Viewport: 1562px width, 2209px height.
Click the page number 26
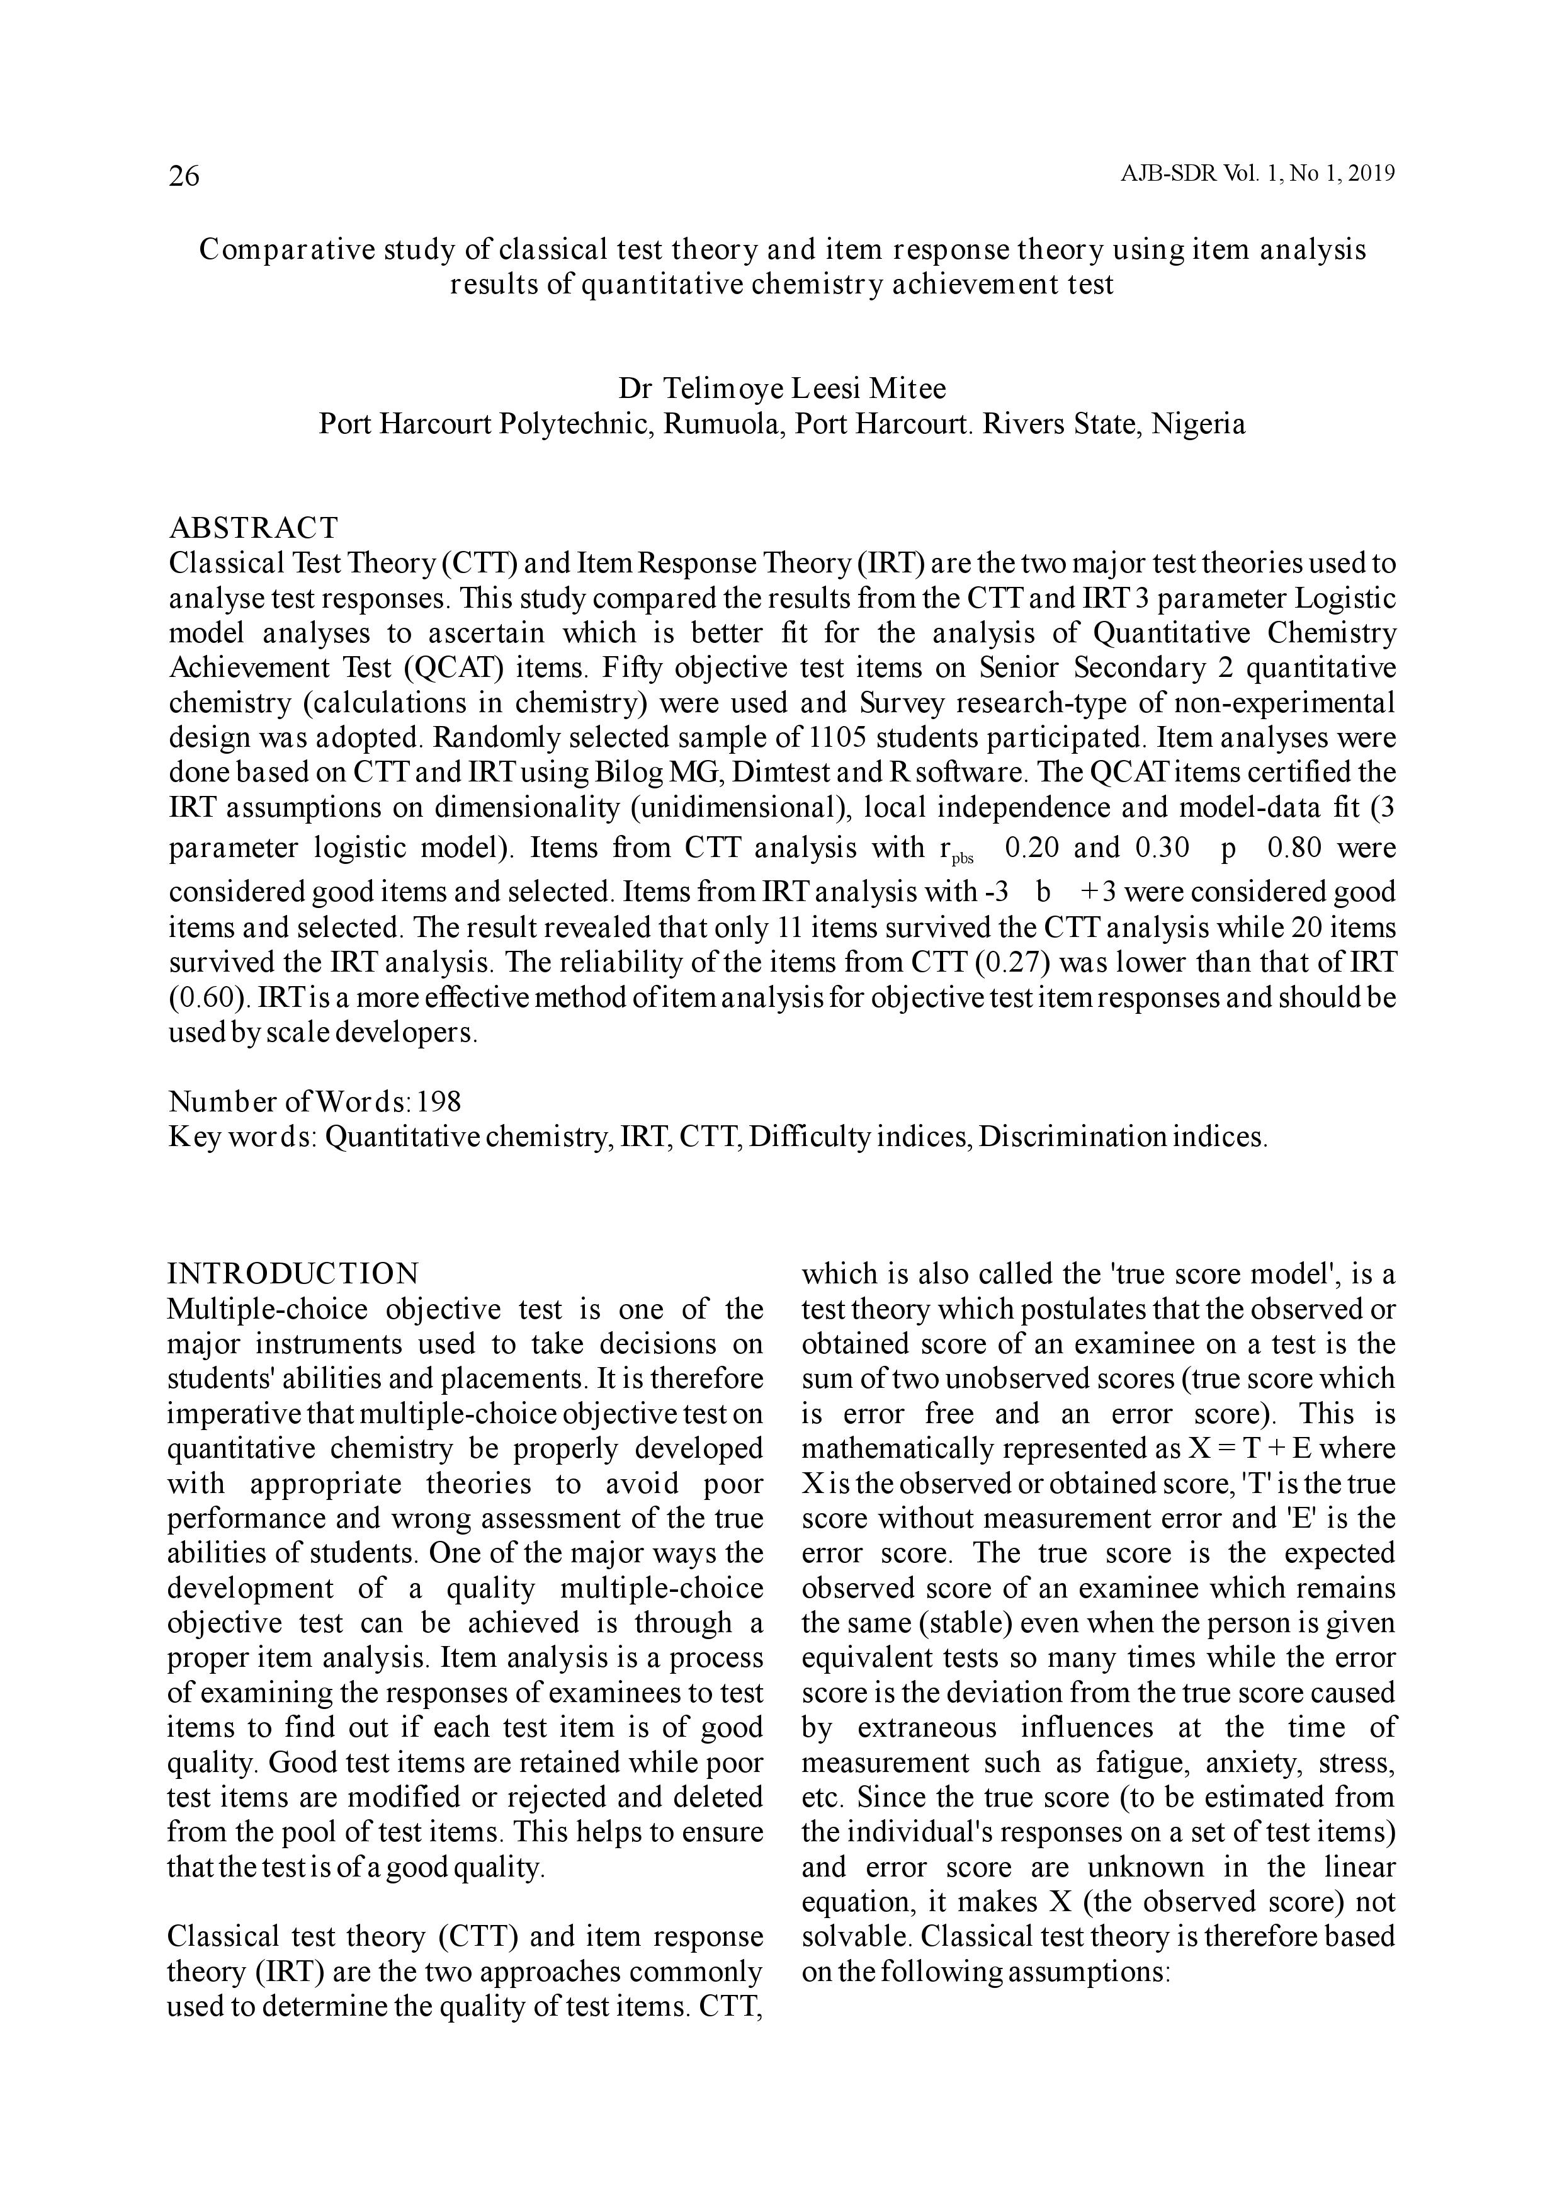[x=184, y=176]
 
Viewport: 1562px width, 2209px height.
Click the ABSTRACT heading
[x=254, y=528]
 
